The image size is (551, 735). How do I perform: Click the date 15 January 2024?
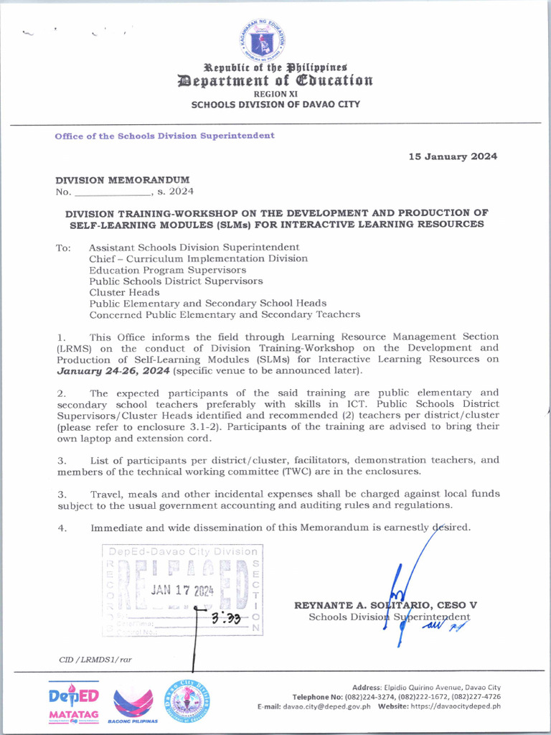tap(453, 156)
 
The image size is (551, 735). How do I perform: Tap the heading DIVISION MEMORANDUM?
tap(123, 179)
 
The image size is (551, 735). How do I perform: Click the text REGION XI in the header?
tap(275, 93)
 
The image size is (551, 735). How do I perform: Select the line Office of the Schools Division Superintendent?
tap(164, 136)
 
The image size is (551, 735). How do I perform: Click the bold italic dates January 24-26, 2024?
tap(113, 370)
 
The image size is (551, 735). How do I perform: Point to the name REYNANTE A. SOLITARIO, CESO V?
tap(385, 605)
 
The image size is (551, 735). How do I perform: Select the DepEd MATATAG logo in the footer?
tap(74, 701)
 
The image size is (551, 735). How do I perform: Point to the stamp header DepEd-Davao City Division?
tap(182, 551)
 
